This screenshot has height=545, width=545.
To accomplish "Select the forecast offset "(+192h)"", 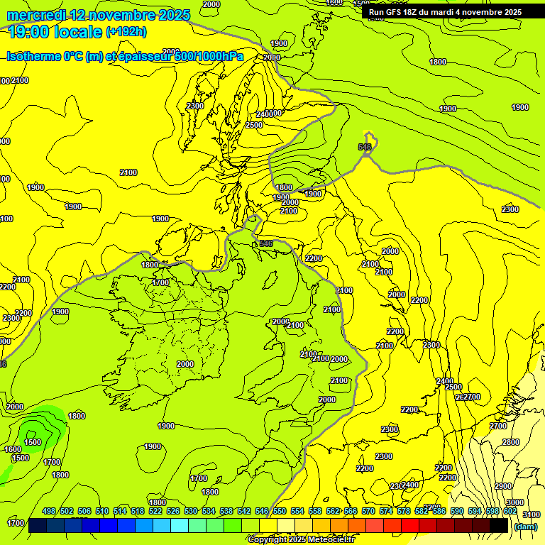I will tap(126, 32).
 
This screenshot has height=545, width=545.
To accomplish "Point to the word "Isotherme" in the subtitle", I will tap(33, 57).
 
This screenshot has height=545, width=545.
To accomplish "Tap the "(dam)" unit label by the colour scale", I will tap(525, 527).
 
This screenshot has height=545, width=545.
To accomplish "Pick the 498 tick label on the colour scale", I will tap(49, 511).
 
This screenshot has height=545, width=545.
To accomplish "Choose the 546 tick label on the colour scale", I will tap(262, 511).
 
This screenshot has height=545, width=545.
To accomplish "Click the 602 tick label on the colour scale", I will tap(510, 511).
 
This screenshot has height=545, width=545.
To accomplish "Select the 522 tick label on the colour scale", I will tap(155, 511).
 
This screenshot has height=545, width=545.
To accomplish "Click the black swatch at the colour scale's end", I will tap(500, 526).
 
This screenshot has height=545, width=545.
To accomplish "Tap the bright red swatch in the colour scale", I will tap(410, 526).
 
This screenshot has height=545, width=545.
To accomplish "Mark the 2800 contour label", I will tap(510, 442).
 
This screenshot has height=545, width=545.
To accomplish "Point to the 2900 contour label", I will tap(503, 486).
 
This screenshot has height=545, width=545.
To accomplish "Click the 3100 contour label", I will tap(530, 514).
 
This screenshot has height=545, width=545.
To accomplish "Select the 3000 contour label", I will tap(515, 502).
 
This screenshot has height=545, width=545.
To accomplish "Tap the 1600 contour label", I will tap(12, 449).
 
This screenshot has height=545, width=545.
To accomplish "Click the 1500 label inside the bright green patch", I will tap(33, 442).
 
